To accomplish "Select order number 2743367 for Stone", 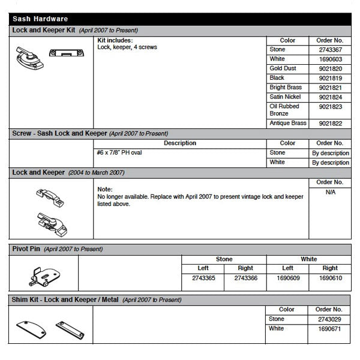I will click(329, 50).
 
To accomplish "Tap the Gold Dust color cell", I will click(283, 69).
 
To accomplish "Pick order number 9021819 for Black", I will click(329, 78).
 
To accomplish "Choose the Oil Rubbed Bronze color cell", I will click(285, 109).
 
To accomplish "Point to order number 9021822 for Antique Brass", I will click(329, 124).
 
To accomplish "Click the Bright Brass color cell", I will click(286, 88).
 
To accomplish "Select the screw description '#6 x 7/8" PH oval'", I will click(119, 153).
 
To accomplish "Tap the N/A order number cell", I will click(329, 193).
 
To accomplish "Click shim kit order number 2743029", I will click(329, 320).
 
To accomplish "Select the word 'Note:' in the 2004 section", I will click(104, 189).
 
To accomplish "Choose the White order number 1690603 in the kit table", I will click(329, 59).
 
